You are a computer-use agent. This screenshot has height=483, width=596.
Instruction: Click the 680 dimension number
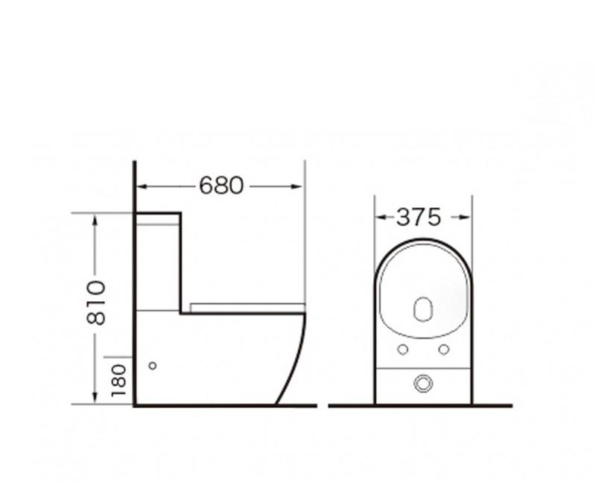[x=221, y=186]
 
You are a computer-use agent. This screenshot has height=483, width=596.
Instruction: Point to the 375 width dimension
[x=419, y=218]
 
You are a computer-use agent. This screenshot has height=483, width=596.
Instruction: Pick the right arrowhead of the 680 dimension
[x=300, y=186]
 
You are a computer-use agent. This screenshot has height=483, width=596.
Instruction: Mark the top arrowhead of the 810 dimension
[x=95, y=218]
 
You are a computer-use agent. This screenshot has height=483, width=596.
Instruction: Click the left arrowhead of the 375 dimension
[x=379, y=218]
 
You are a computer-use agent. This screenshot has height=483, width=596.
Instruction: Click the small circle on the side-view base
[x=153, y=366]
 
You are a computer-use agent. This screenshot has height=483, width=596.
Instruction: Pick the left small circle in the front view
[x=402, y=350]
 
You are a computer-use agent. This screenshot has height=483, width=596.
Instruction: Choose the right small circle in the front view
[x=443, y=350]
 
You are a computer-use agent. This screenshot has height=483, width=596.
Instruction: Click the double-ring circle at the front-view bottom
[x=422, y=384]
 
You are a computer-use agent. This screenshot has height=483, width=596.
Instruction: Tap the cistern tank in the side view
[x=158, y=261]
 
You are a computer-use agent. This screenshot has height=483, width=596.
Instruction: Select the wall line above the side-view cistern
[x=134, y=186]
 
